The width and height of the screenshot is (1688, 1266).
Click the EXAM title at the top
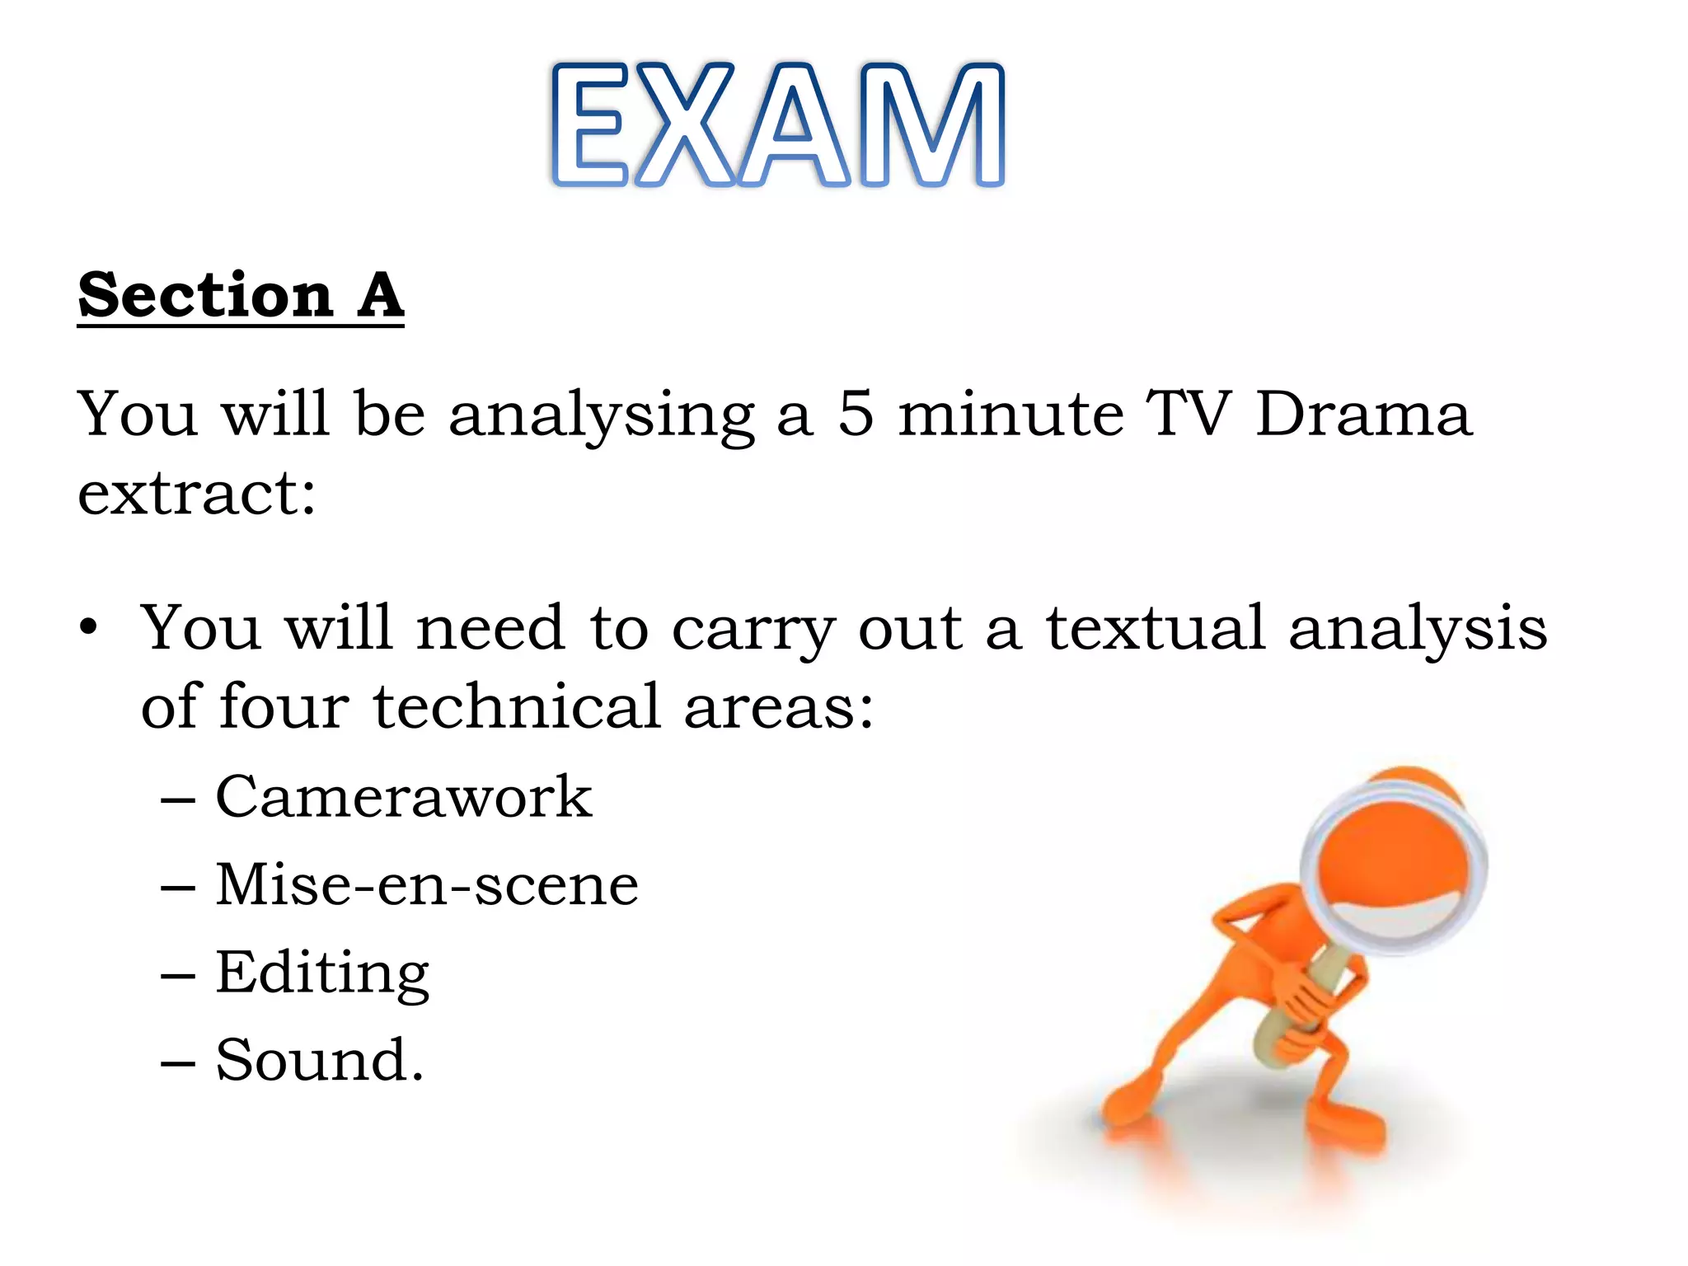click(x=778, y=125)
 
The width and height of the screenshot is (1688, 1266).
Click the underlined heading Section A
click(x=241, y=295)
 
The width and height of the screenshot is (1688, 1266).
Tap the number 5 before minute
click(x=856, y=414)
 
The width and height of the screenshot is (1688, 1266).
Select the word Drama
click(x=1363, y=414)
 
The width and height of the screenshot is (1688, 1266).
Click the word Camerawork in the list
click(x=404, y=797)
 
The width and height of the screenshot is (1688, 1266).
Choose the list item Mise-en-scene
click(x=427, y=884)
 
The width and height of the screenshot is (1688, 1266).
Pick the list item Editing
click(x=322, y=973)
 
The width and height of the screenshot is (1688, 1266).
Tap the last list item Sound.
click(x=320, y=1060)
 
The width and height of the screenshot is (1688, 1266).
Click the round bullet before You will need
click(x=88, y=628)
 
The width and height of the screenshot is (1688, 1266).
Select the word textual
click(x=1155, y=628)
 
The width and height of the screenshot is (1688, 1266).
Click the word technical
click(x=517, y=707)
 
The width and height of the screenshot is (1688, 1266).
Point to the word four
click(x=284, y=707)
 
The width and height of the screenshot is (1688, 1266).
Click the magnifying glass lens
click(x=1393, y=865)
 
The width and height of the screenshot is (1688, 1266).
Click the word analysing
click(x=602, y=415)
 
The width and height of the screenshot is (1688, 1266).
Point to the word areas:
click(x=778, y=707)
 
